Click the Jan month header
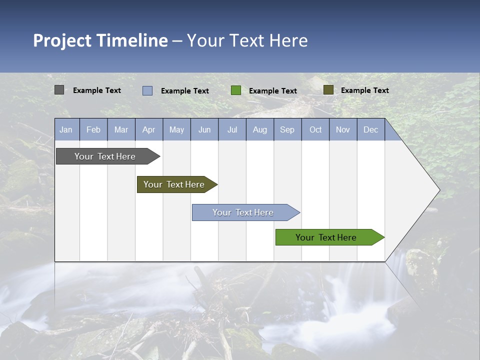point(66,129)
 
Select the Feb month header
point(93,129)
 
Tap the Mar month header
point(121,129)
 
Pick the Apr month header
point(149,129)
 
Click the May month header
point(176,129)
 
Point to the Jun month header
point(204,129)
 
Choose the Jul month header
point(232,129)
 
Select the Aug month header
point(260,129)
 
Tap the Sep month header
point(287,129)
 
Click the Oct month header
point(315,129)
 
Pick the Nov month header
point(343,129)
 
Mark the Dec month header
point(371,129)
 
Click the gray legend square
point(59,90)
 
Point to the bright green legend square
point(236,90)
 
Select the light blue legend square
point(147,90)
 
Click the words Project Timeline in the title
point(100,40)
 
